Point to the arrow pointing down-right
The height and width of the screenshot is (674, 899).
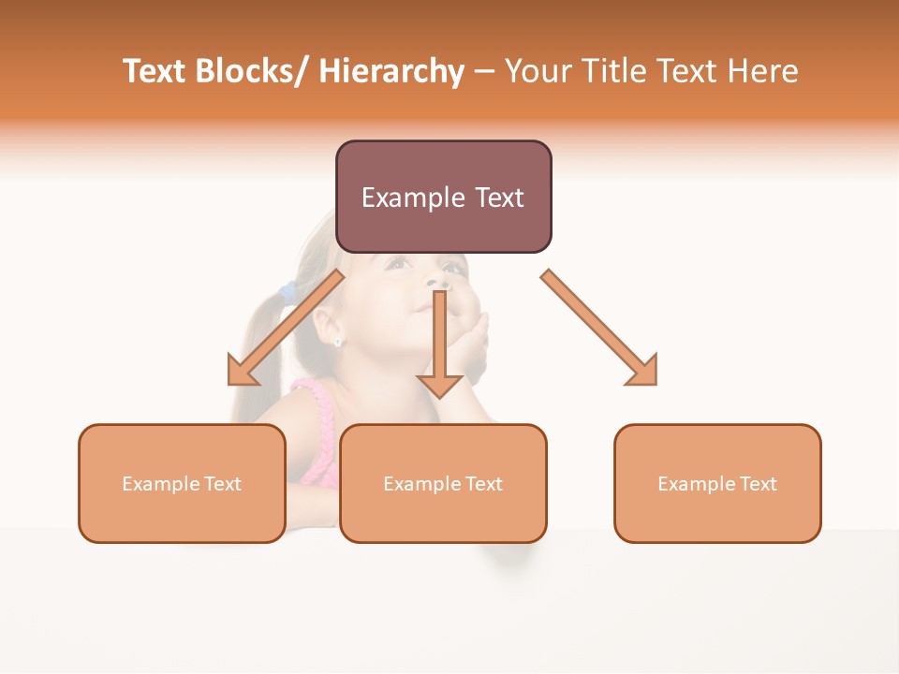point(599,329)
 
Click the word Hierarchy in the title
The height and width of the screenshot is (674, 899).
point(391,71)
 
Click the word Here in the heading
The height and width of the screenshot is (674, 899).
point(763,71)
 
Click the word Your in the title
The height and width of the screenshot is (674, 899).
point(539,71)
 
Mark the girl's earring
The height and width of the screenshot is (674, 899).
point(337,342)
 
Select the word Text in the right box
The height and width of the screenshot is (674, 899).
point(757,484)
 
